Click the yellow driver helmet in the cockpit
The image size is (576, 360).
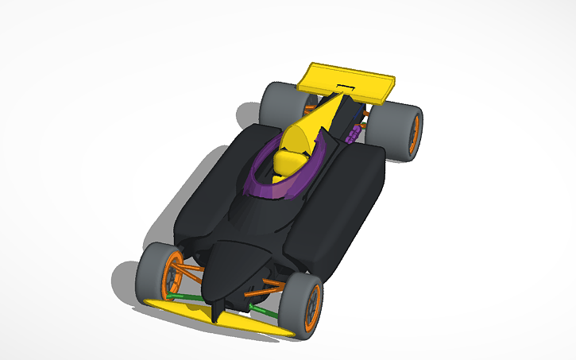pyautogui.click(x=287, y=163)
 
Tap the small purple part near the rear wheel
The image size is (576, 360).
pyautogui.click(x=353, y=131)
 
